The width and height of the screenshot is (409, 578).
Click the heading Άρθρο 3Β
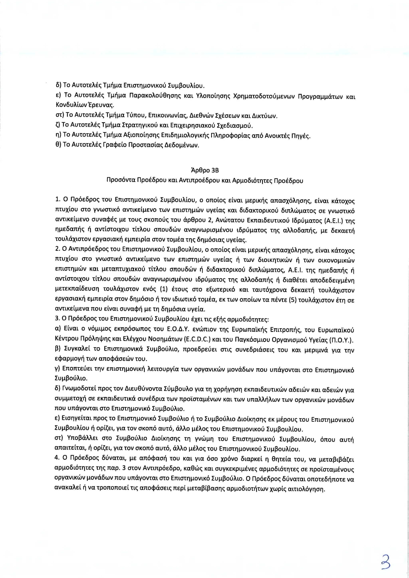(x=205, y=171)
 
